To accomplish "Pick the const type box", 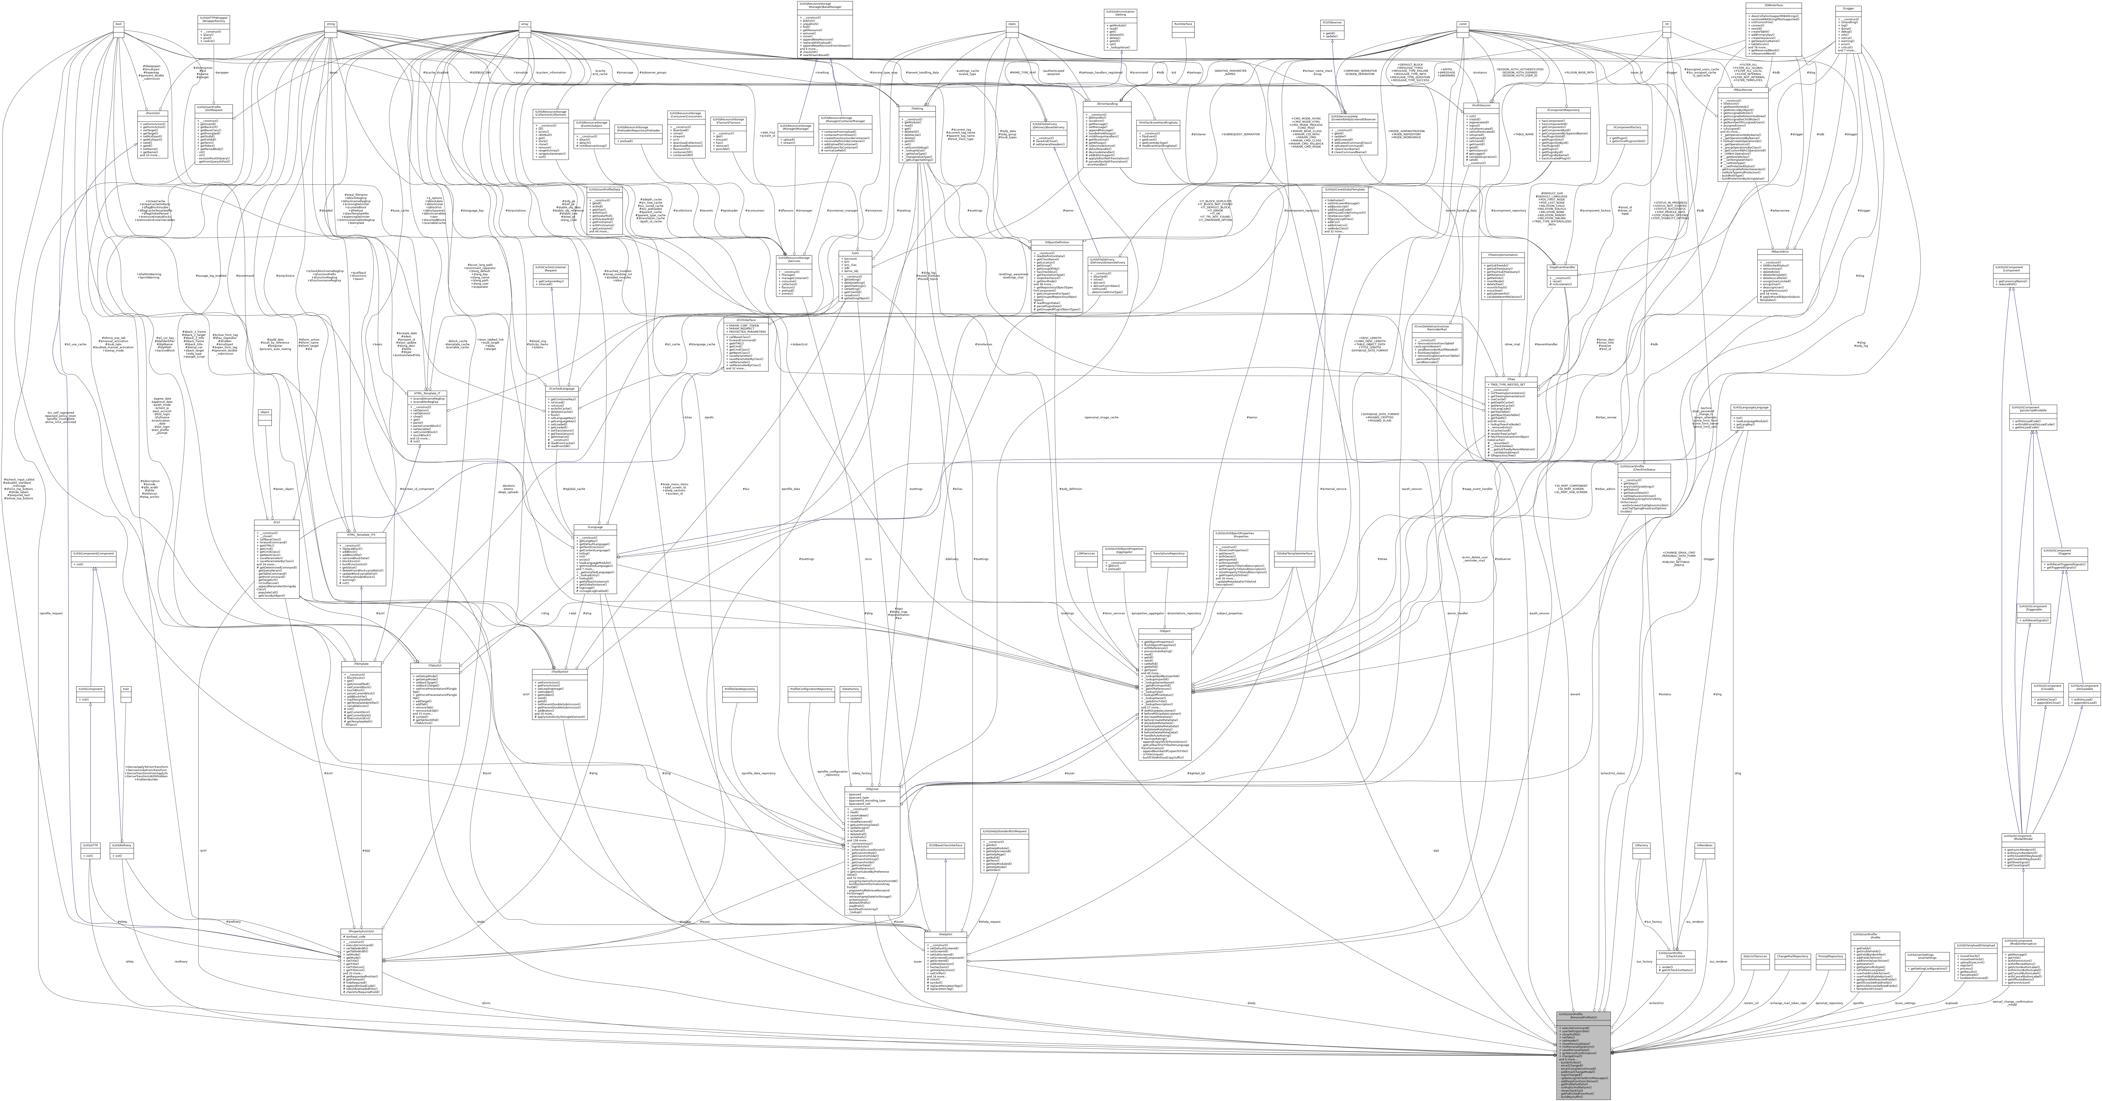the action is point(1463,24).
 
